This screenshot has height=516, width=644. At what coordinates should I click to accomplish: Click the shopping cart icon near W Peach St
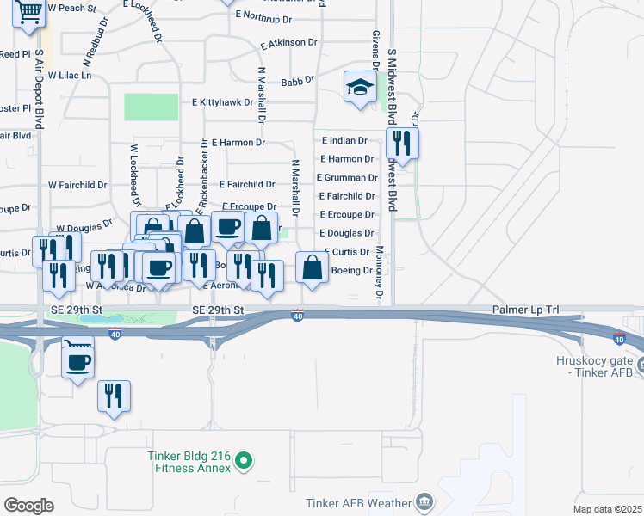pos(28,14)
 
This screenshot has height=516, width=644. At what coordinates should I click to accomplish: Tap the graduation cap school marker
pos(360,87)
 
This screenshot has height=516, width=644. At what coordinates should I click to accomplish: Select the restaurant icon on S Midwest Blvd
pos(402,142)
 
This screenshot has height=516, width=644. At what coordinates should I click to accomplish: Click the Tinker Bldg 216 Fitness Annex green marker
pos(244,462)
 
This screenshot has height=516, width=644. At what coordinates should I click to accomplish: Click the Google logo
pos(28,505)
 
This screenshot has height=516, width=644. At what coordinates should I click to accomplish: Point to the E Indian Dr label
pos(344,140)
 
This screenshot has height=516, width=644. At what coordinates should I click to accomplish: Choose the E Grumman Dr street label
pos(347,178)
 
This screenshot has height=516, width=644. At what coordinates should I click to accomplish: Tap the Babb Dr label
pos(298,83)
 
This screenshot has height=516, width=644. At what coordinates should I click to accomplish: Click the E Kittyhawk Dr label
pos(223,101)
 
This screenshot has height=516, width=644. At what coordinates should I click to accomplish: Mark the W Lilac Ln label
pos(69,76)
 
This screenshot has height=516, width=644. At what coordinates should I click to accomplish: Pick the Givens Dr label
pos(376,48)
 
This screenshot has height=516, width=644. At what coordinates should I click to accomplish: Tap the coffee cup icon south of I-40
pos(77,359)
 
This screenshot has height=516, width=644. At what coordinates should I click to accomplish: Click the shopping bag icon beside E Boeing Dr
pos(312,267)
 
